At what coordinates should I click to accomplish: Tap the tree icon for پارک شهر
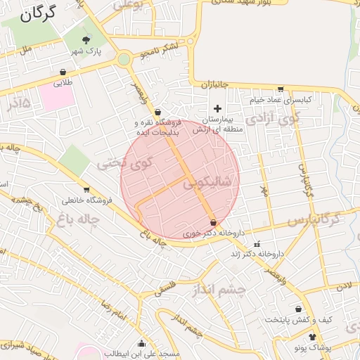coord(86,39)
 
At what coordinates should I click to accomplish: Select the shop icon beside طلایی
coord(63,71)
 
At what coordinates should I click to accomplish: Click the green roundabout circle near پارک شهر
coord(124,60)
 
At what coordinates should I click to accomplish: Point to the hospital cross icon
coord(217,108)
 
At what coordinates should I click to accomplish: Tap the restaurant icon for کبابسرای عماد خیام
coord(281,89)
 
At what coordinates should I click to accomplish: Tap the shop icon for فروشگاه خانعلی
coord(86,189)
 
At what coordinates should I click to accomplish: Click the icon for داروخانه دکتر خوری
coord(213,222)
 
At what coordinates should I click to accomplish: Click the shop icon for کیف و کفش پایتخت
coord(299,309)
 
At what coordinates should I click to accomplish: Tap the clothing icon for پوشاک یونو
coord(313,337)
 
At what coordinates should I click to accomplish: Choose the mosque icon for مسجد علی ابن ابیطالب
coord(143,344)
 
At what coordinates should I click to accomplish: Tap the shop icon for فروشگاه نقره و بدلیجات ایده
coord(157,111)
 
